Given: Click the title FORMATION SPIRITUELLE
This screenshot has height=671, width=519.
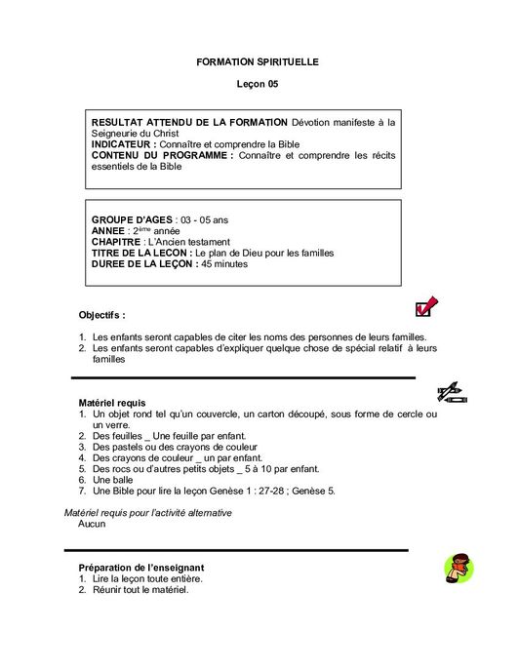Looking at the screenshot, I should (258, 61).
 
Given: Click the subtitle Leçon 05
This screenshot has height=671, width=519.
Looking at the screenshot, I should (258, 85).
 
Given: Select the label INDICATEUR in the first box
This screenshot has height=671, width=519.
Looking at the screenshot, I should (123, 144).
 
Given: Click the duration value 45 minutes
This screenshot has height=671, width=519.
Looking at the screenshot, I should (224, 263).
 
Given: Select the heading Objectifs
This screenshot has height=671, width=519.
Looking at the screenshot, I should (101, 315).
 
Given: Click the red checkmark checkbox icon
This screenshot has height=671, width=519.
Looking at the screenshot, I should (426, 307).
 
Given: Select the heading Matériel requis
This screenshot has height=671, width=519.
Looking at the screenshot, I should (112, 402).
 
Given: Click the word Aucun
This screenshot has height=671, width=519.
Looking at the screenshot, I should (92, 524).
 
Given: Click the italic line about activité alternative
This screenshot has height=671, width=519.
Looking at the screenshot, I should (147, 512).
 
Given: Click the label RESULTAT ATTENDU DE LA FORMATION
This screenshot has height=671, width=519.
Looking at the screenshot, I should (189, 122).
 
